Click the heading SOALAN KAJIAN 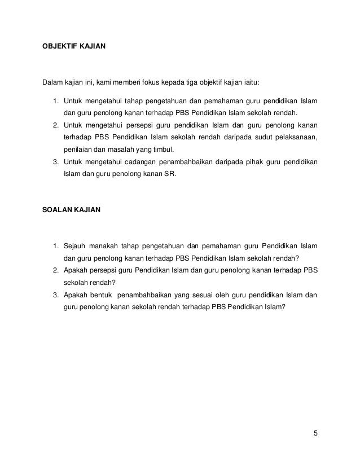tap(68, 210)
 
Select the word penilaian tap(77, 150)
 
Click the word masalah tap(115, 150)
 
